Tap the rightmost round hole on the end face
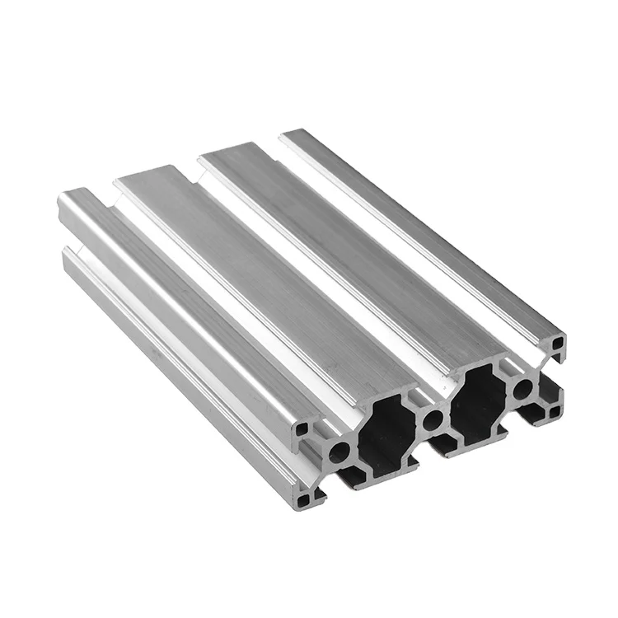click(522, 387)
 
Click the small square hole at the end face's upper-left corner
click(304, 429)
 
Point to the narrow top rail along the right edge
click(420, 231)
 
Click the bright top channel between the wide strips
click(313, 280)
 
